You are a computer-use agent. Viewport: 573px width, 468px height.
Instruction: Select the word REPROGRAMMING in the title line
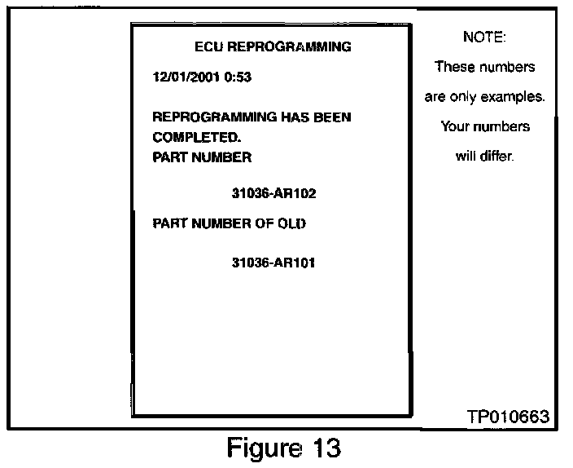[x=289, y=46]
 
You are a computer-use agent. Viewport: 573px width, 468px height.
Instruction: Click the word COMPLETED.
[x=191, y=137]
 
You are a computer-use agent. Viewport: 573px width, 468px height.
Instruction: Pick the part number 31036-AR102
[x=273, y=194]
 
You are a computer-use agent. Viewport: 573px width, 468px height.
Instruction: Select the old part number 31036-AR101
[x=273, y=263]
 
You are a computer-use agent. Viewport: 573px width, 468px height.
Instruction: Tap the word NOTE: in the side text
[x=483, y=38]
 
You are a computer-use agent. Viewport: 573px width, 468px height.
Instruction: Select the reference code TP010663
[x=509, y=417]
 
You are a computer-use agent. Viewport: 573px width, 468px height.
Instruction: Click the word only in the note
[x=462, y=97]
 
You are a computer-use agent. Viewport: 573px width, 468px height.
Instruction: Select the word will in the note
[x=466, y=156]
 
